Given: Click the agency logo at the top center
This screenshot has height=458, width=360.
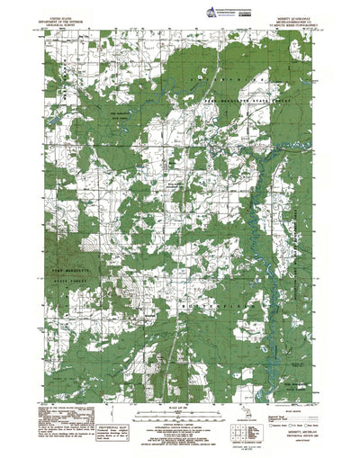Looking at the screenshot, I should (181, 7).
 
